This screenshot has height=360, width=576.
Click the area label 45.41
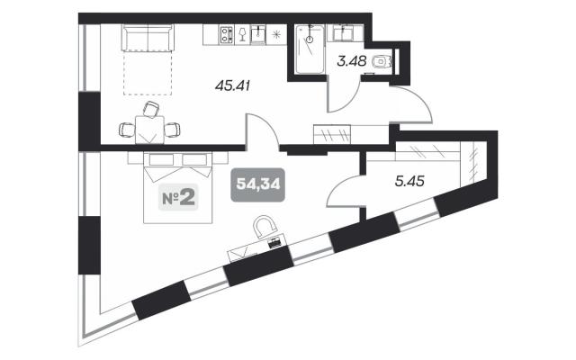pos(232,86)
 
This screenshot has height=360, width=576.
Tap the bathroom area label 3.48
pos(352,61)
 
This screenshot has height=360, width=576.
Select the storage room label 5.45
pos(409,181)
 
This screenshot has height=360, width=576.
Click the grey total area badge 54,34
pos(258,184)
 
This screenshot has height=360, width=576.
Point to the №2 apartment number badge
pos(178,197)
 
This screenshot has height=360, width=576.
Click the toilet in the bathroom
pos(382,61)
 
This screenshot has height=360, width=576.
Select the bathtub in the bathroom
pos(310,49)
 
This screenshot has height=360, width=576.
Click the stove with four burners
pos(226,35)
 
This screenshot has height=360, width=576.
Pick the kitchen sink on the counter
pos(258,35)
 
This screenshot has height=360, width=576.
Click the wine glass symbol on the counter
pos(242,34)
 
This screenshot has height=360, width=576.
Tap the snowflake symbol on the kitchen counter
pos(276,35)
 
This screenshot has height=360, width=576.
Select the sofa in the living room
pos(148,38)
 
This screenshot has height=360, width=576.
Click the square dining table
pos(149,130)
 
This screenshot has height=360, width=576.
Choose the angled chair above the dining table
pos(151,110)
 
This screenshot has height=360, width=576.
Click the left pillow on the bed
pos(161,159)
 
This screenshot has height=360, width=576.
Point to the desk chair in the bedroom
pos(265,227)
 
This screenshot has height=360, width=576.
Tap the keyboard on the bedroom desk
pos(274,243)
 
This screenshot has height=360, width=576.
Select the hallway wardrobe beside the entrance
pos(332,134)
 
